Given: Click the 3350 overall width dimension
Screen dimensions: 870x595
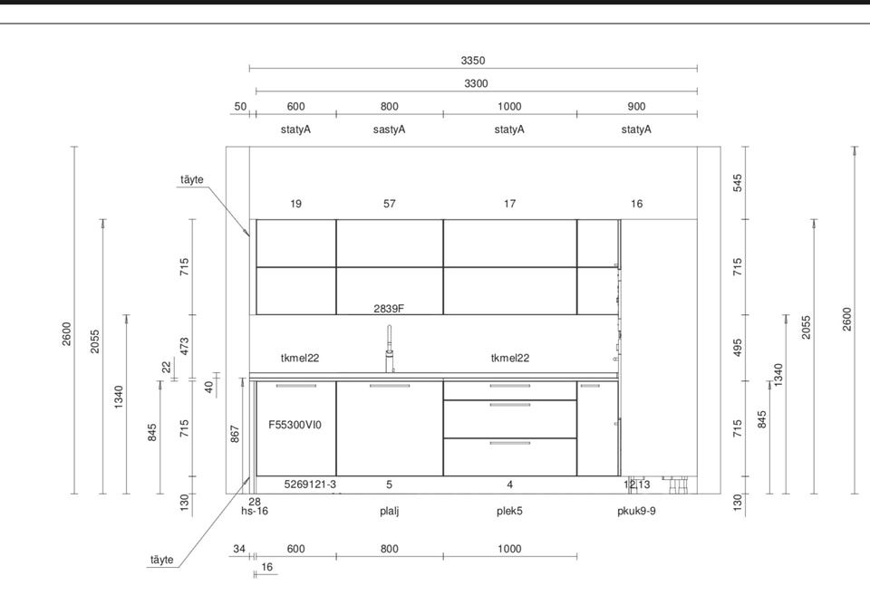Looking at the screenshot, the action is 473,61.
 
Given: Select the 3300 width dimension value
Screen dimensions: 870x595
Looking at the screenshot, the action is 476,83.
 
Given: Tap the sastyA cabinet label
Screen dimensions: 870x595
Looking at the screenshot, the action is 389,130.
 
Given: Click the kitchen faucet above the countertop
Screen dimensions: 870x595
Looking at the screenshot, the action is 390,349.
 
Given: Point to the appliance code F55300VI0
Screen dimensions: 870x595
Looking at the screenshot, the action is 295,425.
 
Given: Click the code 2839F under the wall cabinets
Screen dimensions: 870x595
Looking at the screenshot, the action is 389,308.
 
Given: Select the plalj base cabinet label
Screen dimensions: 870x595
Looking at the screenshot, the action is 389,512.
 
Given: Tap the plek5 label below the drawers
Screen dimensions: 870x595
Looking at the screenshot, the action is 509,512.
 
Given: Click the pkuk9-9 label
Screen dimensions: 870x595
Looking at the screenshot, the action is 636,512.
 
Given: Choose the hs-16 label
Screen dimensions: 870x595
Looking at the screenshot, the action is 254,512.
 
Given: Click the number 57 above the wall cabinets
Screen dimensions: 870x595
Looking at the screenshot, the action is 390,204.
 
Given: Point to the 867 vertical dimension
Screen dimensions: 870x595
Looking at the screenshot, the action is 235,434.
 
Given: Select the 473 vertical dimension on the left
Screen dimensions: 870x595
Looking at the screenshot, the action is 184,346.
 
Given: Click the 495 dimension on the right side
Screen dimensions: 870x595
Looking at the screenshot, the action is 738,348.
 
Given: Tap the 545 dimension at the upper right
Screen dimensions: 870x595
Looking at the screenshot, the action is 738,183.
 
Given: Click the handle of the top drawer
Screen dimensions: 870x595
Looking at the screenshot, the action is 510,386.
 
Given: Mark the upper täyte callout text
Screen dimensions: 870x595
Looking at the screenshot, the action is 192,179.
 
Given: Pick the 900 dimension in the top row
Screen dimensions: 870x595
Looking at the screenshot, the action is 636,107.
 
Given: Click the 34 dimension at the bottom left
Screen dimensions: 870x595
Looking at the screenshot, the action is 239,549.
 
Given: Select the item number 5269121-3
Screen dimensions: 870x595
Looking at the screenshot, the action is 310,485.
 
